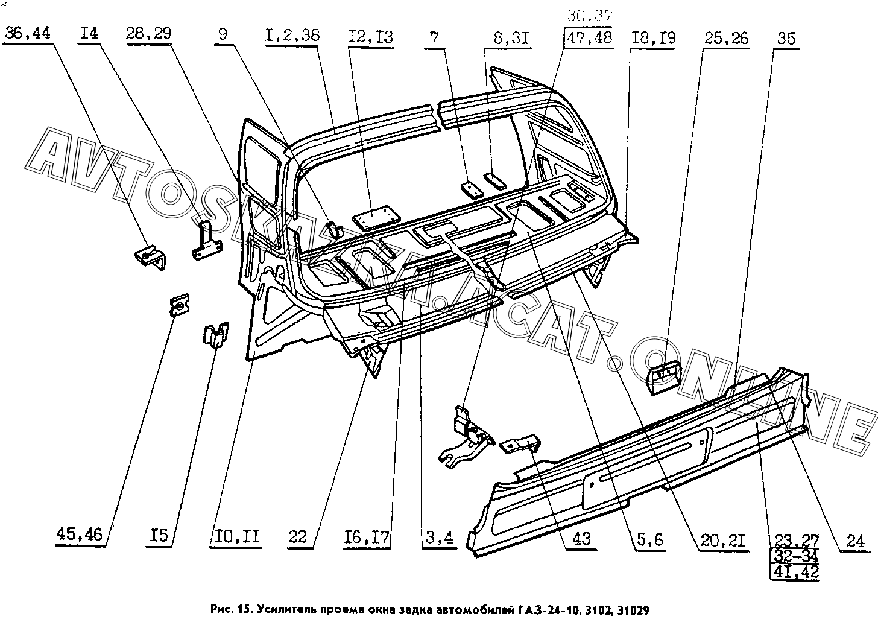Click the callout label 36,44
pyautogui.click(x=28, y=33)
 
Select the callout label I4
pyautogui.click(x=89, y=33)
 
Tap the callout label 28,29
pyautogui.click(x=148, y=33)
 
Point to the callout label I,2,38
pyautogui.click(x=292, y=36)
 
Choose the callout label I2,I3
pyautogui.click(x=370, y=37)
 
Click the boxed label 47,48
pyautogui.click(x=589, y=37)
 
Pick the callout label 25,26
pyautogui.click(x=726, y=39)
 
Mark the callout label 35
pyautogui.click(x=786, y=39)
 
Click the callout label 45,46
pyautogui.click(x=79, y=534)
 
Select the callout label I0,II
pyautogui.click(x=237, y=536)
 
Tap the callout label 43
pyautogui.click(x=581, y=539)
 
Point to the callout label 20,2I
pyautogui.click(x=723, y=541)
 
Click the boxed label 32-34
pyautogui.click(x=795, y=556)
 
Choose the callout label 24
pyautogui.click(x=855, y=541)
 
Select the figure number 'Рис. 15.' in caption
pyautogui.click(x=232, y=610)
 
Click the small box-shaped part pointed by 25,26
pyautogui.click(x=663, y=378)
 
